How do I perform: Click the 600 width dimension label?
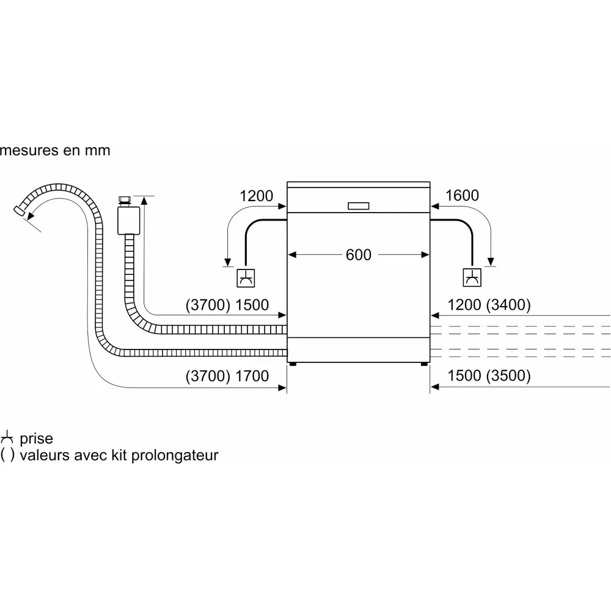[x=359, y=255]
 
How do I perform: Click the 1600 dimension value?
[x=463, y=196]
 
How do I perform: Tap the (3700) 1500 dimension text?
[x=227, y=305]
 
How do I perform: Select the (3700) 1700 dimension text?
[x=227, y=376]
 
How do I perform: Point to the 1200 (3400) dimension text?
[x=489, y=305]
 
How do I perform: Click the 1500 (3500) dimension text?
[x=489, y=376]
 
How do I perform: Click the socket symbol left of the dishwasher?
[x=246, y=278]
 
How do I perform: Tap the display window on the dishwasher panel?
[x=359, y=207]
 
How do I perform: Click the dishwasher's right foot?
[x=423, y=364]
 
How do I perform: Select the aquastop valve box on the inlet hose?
[x=128, y=221]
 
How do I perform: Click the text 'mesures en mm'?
[x=55, y=150]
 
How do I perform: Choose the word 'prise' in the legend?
[x=37, y=439]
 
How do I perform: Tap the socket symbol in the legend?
[x=7, y=437]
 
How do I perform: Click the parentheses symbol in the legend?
[x=8, y=455]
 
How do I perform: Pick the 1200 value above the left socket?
[x=257, y=196]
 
